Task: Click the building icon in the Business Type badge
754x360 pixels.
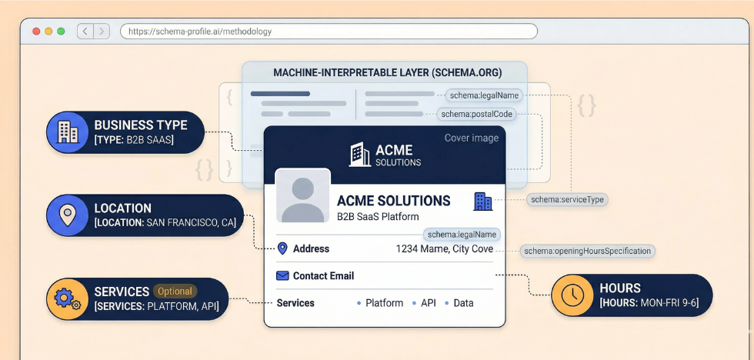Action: (68, 132)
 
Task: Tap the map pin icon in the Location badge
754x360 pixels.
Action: (68, 215)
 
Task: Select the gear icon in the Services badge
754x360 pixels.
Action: (67, 298)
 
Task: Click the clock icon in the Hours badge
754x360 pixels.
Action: (572, 295)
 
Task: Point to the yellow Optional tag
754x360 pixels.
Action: (175, 292)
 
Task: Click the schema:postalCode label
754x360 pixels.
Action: (476, 114)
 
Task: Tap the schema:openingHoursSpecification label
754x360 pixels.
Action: (587, 251)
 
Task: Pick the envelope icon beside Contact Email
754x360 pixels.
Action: (282, 275)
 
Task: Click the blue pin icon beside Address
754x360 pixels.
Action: (282, 248)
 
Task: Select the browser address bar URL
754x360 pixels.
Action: (200, 32)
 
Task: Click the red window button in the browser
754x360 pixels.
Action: (35, 32)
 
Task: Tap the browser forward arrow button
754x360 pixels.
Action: (102, 32)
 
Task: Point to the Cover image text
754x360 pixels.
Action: (472, 138)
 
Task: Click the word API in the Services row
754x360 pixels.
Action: (429, 303)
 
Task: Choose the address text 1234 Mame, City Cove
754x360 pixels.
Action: (444, 248)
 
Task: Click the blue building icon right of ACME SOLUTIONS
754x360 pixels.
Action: (482, 202)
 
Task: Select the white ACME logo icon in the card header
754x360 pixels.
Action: (359, 154)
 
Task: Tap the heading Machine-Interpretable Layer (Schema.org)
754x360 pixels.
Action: (387, 73)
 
